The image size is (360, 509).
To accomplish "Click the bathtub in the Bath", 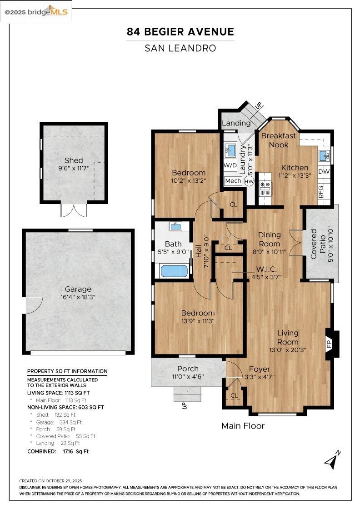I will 174,271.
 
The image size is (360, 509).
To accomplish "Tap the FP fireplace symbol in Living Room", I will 330,344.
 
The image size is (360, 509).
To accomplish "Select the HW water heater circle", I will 249,181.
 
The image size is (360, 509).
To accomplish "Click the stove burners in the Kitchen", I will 265,188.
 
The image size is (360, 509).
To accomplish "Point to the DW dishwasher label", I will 324,171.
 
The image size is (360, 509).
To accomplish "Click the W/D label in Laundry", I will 230,165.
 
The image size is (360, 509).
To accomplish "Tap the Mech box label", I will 233,181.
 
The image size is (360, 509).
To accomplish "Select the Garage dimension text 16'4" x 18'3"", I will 78,297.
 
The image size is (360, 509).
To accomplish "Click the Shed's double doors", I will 74,210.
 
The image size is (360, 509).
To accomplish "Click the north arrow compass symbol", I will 332,460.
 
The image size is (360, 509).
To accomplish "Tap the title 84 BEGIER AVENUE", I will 180,32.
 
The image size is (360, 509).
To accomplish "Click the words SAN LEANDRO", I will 180,48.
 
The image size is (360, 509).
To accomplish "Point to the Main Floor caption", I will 243,426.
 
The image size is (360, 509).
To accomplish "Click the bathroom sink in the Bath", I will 175,226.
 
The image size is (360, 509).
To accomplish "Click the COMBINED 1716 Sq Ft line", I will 58,451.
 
